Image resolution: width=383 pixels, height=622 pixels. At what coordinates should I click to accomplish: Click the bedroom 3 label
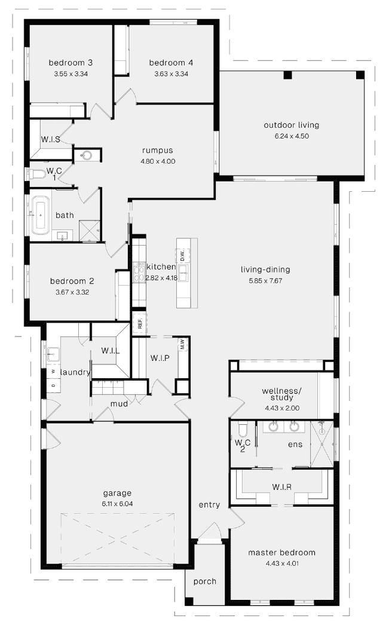pos(71,63)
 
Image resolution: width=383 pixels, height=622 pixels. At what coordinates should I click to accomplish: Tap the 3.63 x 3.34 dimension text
pos(171,73)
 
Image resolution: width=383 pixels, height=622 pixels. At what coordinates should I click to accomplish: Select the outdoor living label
pos(292,125)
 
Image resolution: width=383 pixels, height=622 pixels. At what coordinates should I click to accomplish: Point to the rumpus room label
pos(157,151)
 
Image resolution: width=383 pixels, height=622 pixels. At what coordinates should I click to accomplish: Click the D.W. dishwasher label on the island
pos(183,256)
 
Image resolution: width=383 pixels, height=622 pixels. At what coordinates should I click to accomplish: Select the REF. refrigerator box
pos(140,323)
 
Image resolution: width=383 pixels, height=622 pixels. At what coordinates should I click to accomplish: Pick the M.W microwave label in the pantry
pos(182,344)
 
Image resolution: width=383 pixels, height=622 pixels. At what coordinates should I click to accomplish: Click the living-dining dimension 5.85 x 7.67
pos(265,281)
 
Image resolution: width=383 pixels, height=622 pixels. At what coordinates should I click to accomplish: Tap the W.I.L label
pos(111,351)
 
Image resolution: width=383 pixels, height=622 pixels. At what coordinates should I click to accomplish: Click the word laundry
pos(75,372)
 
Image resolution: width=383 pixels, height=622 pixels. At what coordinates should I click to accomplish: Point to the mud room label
pos(119,404)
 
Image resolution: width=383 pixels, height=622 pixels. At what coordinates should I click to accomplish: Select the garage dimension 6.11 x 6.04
pos(117,504)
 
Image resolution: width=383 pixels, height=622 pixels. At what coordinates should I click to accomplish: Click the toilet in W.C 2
pos(242,430)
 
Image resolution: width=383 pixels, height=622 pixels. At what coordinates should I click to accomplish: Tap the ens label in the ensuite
pos(295,445)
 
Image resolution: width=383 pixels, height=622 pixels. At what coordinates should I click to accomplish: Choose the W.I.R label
pos(282,487)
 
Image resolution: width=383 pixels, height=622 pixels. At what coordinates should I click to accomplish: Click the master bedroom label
pos(281,553)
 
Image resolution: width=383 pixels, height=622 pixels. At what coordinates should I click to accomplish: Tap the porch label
pos(205,582)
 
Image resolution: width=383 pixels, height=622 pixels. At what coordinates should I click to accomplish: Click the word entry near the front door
pos(209,505)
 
